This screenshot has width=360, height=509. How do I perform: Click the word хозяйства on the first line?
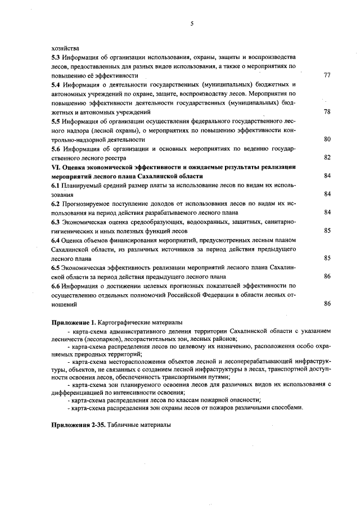point(64,48)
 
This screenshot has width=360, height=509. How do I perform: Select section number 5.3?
point(55,57)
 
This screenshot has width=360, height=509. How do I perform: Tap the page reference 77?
point(327,75)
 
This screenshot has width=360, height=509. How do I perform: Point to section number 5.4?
point(55,84)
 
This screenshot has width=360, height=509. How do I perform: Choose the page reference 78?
point(327,111)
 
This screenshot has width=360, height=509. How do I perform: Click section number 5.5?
point(55,121)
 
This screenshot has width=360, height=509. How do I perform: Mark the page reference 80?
point(327,138)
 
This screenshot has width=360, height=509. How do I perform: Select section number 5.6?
point(55,148)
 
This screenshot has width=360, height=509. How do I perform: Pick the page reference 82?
point(327,157)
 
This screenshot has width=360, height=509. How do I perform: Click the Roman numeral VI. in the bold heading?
point(56,167)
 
